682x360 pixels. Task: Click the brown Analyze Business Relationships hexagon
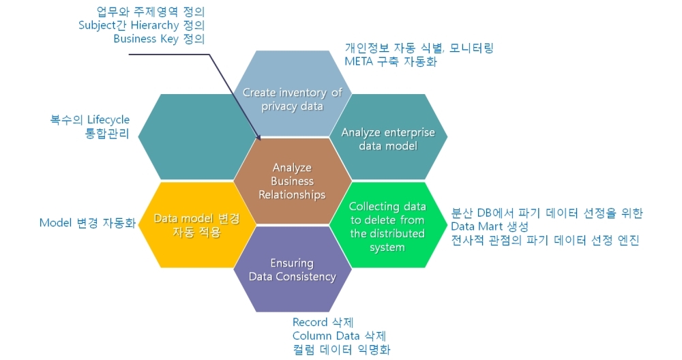point(293,181)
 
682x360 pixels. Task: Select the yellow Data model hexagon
point(192,225)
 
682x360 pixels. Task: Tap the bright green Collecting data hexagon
point(388,225)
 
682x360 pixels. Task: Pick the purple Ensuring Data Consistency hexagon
point(293,269)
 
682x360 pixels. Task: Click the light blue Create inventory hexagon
point(293,93)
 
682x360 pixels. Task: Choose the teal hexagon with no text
point(192,136)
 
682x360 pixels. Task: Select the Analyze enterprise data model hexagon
point(388,136)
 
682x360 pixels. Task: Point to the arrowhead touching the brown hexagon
point(258,138)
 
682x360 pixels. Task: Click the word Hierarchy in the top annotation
point(155,26)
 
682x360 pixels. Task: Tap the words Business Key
point(146,39)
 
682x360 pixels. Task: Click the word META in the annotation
point(359,61)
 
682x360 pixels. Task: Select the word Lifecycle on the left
point(108,120)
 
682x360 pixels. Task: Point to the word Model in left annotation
point(55,223)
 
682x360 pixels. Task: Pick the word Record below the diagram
point(310,322)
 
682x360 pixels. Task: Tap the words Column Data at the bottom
point(326,336)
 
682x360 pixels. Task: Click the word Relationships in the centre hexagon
point(293,195)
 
